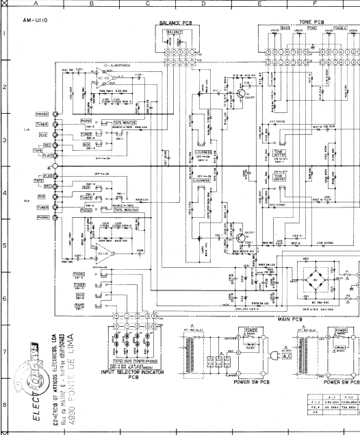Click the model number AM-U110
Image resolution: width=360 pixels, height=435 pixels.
[34, 21]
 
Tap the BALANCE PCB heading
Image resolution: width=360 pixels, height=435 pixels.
[177, 23]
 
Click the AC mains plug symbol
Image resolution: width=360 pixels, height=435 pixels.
[273, 358]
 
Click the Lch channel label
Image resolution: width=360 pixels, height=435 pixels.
[27, 129]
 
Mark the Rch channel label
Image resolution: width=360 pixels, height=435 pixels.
[27, 201]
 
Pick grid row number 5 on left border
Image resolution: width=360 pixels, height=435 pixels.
[4, 243]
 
